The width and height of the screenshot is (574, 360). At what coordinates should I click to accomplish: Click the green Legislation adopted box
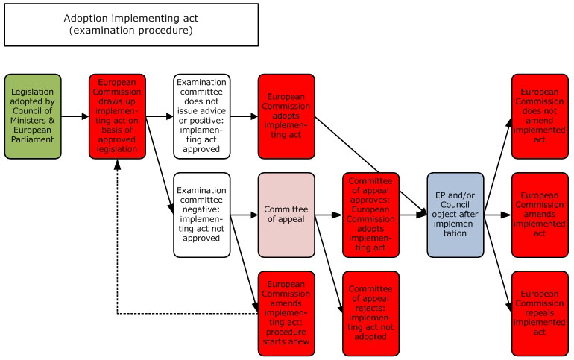pyautogui.click(x=33, y=116)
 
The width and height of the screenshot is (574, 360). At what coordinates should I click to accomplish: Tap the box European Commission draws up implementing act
pyautogui.click(x=117, y=116)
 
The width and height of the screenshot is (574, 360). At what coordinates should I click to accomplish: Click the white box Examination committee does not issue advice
pyautogui.click(x=201, y=116)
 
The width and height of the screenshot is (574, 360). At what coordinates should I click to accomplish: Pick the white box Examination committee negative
pyautogui.click(x=201, y=215)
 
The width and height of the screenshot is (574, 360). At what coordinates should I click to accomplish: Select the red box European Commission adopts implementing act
pyautogui.click(x=286, y=116)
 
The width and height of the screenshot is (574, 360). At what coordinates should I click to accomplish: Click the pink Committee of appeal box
pyautogui.click(x=286, y=215)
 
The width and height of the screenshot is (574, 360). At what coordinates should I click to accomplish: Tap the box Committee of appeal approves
pyautogui.click(x=370, y=215)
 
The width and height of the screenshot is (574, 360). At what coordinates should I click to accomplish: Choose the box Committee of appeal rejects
pyautogui.click(x=370, y=313)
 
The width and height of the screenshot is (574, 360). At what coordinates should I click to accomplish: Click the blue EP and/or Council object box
pyautogui.click(x=455, y=215)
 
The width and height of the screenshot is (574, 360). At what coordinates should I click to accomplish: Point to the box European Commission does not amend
pyautogui.click(x=540, y=116)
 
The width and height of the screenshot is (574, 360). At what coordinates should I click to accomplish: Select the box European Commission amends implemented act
pyautogui.click(x=540, y=215)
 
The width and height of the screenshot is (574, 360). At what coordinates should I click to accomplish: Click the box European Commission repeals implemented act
pyautogui.click(x=540, y=313)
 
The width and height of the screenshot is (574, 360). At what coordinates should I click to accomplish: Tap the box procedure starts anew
pyautogui.click(x=286, y=313)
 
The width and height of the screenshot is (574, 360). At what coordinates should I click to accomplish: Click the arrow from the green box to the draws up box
pyautogui.click(x=75, y=116)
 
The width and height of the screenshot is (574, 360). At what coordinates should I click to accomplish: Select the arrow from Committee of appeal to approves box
pyautogui.click(x=329, y=215)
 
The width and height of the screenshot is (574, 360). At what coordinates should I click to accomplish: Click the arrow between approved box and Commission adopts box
pyautogui.click(x=244, y=116)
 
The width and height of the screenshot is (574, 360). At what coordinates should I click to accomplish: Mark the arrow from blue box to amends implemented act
pyautogui.click(x=498, y=215)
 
